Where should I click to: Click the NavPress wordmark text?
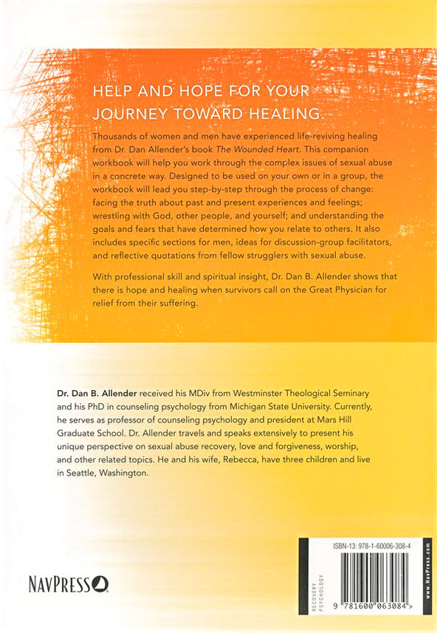coord(60,586)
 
